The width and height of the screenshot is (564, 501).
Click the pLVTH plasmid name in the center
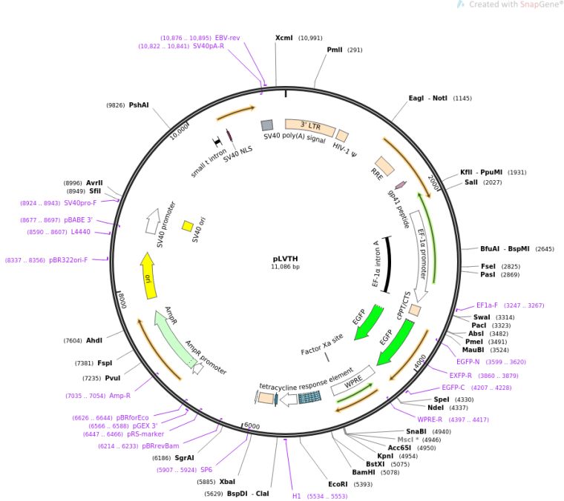[x=285, y=259]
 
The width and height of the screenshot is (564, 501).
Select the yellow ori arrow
[x=149, y=276]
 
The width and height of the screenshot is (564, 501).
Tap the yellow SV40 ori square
[x=188, y=226]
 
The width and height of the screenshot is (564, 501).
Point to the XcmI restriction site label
[x=283, y=38]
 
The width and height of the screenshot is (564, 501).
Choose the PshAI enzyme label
[x=139, y=104]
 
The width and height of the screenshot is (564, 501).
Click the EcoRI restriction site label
[x=338, y=484]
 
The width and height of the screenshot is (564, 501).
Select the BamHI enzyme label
[x=364, y=472]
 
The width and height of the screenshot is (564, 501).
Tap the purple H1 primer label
[x=296, y=496]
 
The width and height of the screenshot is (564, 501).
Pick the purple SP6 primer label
[x=206, y=470]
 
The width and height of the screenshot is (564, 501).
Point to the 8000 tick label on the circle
[x=122, y=300]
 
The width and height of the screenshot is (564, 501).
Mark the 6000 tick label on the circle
[x=252, y=425]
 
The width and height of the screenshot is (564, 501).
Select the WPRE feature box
[x=352, y=381]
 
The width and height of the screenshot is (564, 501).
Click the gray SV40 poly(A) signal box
[x=267, y=125]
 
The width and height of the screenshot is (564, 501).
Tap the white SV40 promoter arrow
[x=153, y=221]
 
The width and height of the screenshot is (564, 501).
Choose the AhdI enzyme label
[x=94, y=340]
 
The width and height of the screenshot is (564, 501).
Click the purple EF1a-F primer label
[x=487, y=305]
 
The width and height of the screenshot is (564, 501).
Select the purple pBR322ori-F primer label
[x=68, y=260]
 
